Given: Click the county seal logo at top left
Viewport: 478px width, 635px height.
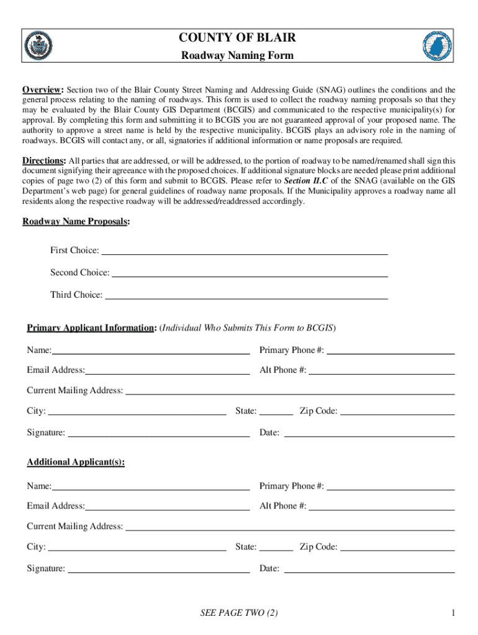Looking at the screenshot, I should [38, 45].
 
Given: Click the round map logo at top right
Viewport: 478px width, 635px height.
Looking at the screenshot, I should [437, 46].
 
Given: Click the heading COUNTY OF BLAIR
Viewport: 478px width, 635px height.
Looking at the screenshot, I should [237, 38].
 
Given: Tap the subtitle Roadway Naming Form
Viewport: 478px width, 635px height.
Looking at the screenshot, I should [237, 56].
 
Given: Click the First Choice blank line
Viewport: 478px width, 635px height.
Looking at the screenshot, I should [245, 251].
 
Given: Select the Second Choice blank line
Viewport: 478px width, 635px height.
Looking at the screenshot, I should [250, 273].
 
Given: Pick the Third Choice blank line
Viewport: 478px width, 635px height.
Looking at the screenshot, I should [246, 295].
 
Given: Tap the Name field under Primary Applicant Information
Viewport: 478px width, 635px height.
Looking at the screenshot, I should [151, 350].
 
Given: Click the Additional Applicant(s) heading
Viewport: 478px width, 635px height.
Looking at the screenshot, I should [76, 463].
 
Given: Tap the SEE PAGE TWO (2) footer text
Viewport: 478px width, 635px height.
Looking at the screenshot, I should [239, 613].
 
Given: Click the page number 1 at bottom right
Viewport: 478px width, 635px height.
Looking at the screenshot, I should [454, 613].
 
